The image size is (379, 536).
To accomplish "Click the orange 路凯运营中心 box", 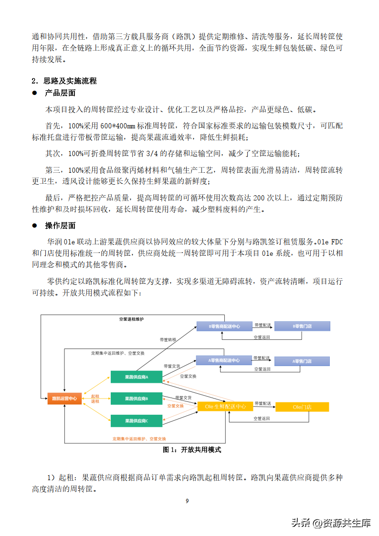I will click(x=64, y=398).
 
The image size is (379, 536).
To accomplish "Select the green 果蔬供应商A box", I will click(x=136, y=377).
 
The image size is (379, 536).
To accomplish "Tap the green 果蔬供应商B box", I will click(x=136, y=399).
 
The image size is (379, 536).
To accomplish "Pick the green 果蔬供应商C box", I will click(x=136, y=420).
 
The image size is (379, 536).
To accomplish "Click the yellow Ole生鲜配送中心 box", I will click(x=225, y=407).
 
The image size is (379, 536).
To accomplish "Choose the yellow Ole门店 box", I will click(x=302, y=407).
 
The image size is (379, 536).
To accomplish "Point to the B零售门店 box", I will click(x=302, y=326).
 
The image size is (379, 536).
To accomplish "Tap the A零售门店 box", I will click(x=302, y=361).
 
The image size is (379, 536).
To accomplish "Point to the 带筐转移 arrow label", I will click(x=168, y=339).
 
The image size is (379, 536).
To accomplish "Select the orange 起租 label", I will click(x=95, y=396).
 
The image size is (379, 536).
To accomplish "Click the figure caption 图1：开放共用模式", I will click(x=192, y=450).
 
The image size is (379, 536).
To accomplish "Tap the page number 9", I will click(x=187, y=501).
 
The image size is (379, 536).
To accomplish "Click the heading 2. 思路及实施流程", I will click(x=64, y=81).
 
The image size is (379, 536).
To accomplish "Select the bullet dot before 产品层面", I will click(x=34, y=93).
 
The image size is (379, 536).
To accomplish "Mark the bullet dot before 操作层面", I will click(x=34, y=225).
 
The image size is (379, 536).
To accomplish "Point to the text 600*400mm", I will click(x=116, y=126).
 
